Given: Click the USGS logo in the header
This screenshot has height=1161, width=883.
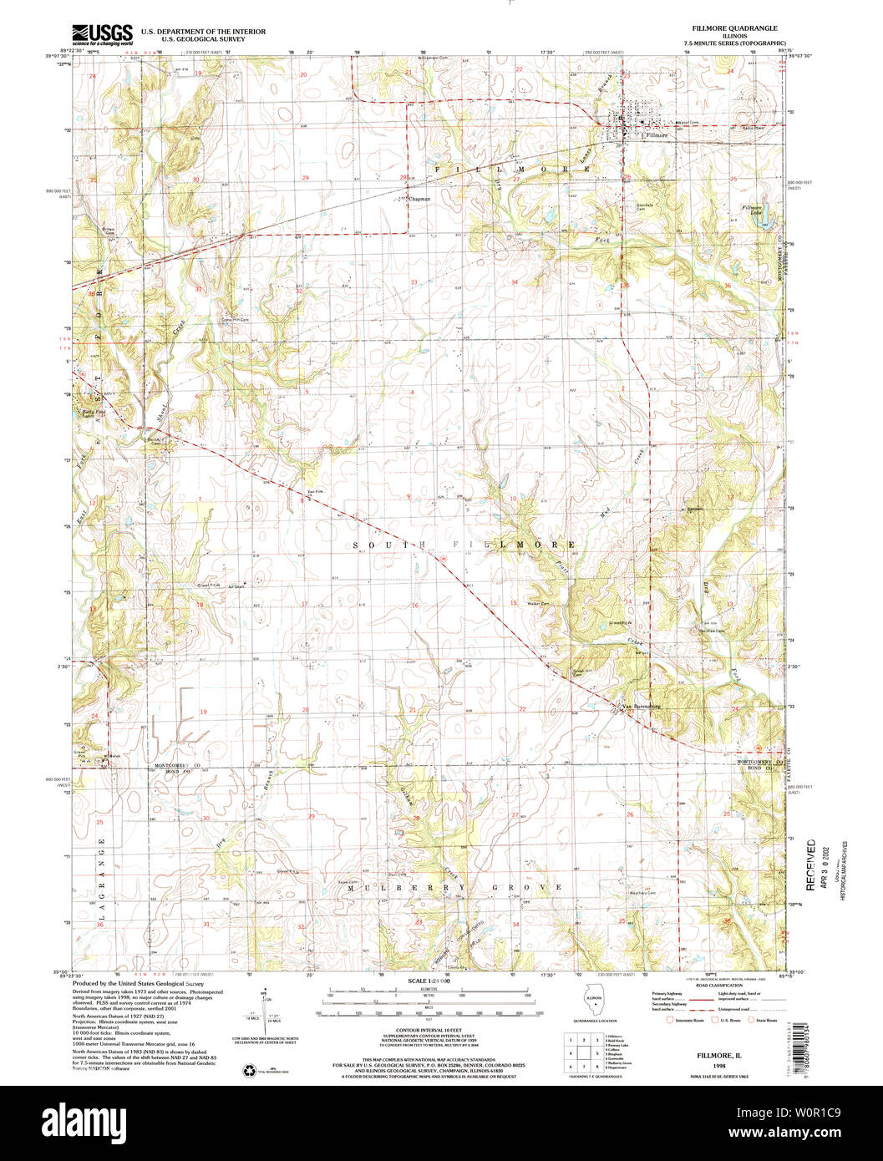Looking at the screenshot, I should tap(102, 34).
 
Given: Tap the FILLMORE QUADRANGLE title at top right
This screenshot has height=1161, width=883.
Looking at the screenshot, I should tap(729, 28).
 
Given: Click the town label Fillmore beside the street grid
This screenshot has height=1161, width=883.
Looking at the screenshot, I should tap(656, 134).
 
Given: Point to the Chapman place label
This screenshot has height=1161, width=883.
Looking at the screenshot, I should tap(419, 199).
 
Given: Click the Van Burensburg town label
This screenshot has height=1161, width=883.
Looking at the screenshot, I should tap(642, 707).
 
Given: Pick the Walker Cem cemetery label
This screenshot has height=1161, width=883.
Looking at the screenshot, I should tap(537, 604).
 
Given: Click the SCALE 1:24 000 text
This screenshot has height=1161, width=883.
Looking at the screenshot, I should tap(428, 981).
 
